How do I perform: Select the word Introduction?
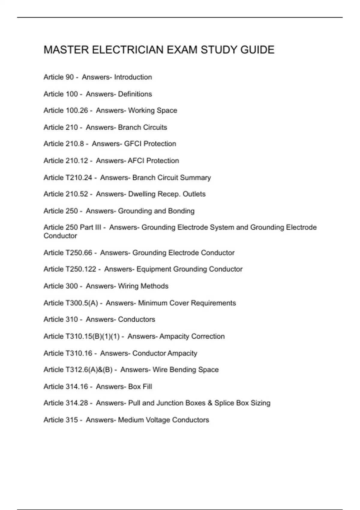click(133, 77)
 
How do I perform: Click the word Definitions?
click(135, 94)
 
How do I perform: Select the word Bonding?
click(181, 211)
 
